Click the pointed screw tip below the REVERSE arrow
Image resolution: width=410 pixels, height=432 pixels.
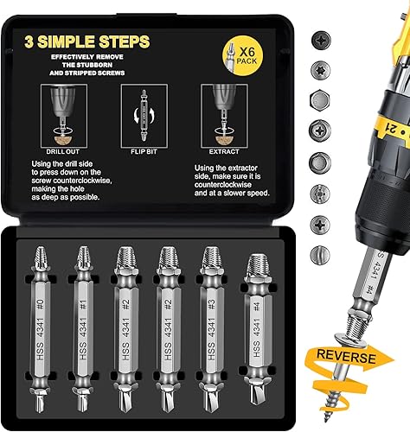(x=356, y=406)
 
